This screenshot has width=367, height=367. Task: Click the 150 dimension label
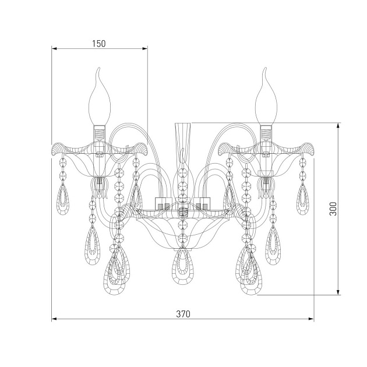tap(99, 44)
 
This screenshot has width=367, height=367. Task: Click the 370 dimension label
tap(183, 314)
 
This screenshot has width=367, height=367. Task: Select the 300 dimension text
tap(333, 209)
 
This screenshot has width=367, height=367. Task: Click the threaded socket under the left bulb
tap(100, 133)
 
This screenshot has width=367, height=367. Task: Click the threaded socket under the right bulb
tap(267, 133)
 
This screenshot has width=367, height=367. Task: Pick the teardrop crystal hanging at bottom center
tap(183, 266)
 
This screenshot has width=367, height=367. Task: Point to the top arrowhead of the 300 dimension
tap(338, 126)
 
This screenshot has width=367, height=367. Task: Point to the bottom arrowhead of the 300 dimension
tap(338, 292)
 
